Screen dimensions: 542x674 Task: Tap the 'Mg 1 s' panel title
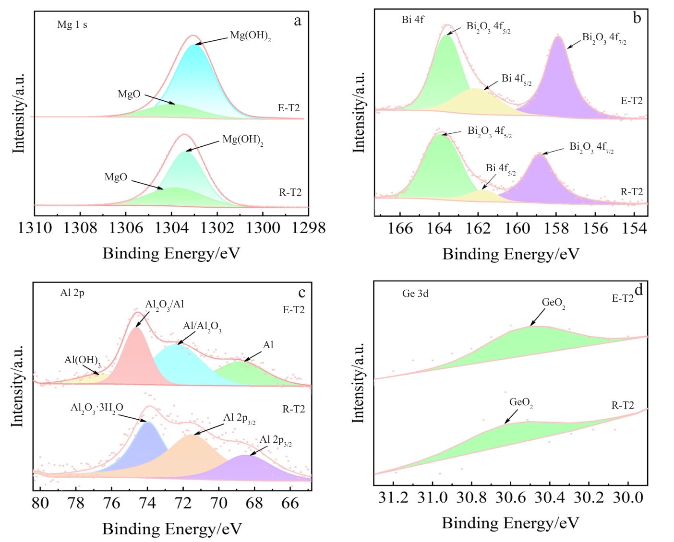(x=72, y=24)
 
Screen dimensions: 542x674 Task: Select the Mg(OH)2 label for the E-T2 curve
(x=250, y=36)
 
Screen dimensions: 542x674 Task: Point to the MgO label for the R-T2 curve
(x=116, y=177)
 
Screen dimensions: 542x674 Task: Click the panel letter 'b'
(x=637, y=18)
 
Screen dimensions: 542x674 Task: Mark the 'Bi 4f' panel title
(x=412, y=20)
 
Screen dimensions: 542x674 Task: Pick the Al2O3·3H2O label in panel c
(x=96, y=408)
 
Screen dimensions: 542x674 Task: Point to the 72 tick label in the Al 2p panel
(x=183, y=503)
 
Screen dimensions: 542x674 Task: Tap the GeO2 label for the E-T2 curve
(x=553, y=303)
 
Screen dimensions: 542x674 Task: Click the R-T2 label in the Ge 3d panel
(x=623, y=406)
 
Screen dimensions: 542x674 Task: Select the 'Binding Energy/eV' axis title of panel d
(x=510, y=523)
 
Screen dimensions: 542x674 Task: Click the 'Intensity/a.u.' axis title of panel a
(x=19, y=114)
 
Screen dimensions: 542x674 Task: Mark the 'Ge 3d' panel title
(x=415, y=294)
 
